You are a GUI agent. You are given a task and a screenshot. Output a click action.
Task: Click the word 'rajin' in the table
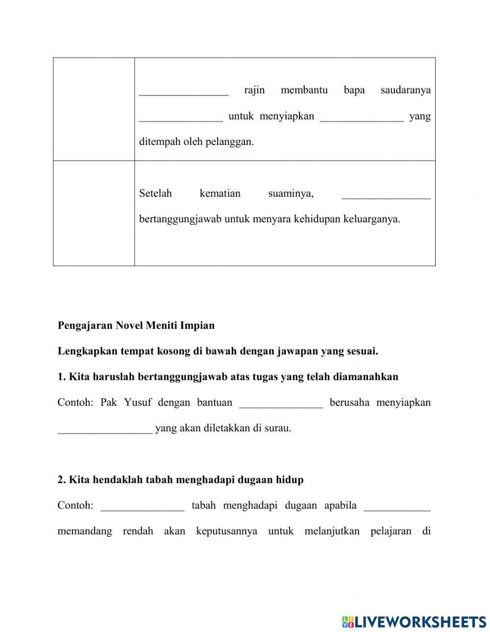(254, 90)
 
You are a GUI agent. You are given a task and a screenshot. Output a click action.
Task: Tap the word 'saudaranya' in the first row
(405, 90)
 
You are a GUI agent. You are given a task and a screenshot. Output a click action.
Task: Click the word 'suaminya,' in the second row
(291, 193)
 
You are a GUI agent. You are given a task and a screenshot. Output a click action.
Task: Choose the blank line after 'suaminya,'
(386, 196)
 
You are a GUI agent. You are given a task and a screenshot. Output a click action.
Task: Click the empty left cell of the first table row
(94, 109)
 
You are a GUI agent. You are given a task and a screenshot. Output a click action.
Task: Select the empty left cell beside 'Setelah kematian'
(94, 213)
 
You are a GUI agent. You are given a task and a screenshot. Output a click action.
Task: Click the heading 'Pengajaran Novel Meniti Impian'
(136, 326)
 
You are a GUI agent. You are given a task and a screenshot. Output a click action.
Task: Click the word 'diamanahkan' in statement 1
(366, 376)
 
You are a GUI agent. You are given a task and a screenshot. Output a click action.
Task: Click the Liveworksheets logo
(414, 622)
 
